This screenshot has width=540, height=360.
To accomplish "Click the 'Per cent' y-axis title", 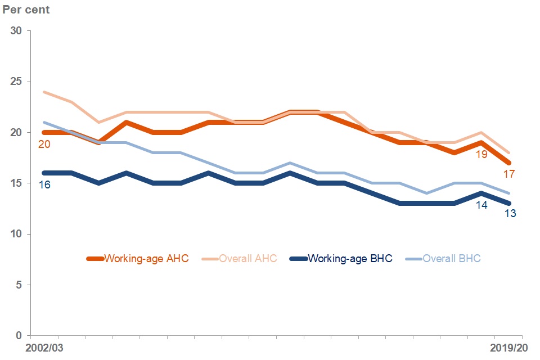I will (26, 10).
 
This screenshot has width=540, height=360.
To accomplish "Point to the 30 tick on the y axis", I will (16, 31).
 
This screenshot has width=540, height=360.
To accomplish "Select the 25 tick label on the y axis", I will (16, 82).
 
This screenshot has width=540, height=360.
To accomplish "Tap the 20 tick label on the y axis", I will (16, 133).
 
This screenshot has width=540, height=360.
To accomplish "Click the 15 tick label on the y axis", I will (16, 183).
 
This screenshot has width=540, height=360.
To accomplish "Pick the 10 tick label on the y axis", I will (16, 234).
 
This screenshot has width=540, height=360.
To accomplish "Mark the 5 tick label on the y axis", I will (19, 285).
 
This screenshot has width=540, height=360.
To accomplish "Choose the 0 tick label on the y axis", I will (19, 336).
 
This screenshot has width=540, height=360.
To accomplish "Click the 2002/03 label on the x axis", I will (44, 348).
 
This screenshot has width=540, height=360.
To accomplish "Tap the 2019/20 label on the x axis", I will (509, 348).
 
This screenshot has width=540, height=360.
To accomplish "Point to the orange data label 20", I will (44, 145).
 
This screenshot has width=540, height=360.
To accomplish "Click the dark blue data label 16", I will (44, 184).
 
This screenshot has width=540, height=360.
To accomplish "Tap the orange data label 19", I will (481, 154).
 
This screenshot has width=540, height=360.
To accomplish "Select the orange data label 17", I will (510, 174).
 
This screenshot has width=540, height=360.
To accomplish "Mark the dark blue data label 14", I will (481, 205).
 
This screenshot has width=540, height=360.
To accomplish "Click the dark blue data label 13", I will (510, 214).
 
